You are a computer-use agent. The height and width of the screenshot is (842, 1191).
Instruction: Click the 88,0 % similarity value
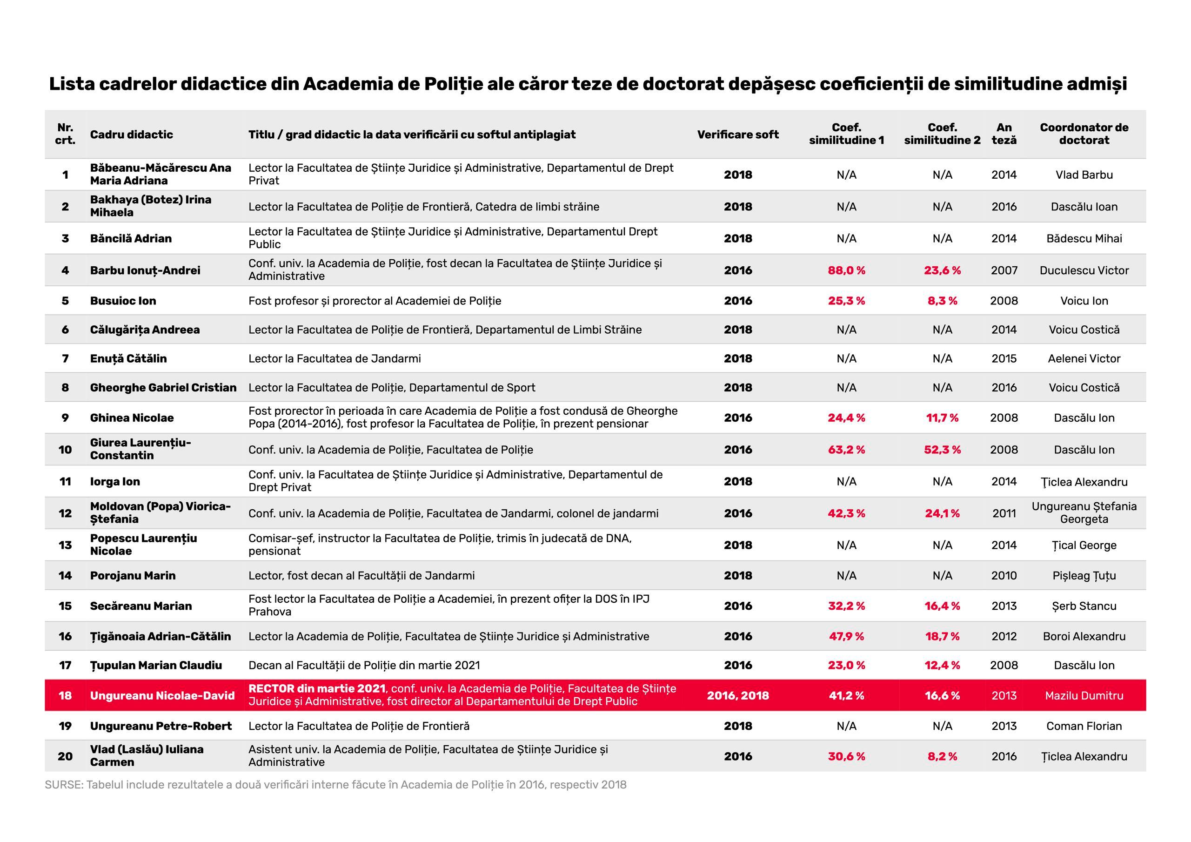pyautogui.click(x=846, y=270)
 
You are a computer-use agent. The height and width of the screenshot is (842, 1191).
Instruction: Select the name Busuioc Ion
pyautogui.click(x=123, y=301)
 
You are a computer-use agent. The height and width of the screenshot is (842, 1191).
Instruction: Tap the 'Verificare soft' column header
pyautogui.click(x=738, y=135)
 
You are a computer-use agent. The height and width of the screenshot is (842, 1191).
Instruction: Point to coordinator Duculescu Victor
pyautogui.click(x=1084, y=270)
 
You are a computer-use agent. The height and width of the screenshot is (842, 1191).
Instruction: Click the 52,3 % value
pyautogui.click(x=942, y=450)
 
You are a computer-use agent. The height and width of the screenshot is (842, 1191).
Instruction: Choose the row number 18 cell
pyautogui.click(x=65, y=695)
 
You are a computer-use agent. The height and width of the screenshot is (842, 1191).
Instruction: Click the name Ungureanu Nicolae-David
pyautogui.click(x=162, y=695)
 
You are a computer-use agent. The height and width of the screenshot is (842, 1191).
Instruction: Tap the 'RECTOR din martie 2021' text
pyautogui.click(x=316, y=689)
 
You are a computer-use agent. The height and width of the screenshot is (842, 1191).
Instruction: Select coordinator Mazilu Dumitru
pyautogui.click(x=1084, y=695)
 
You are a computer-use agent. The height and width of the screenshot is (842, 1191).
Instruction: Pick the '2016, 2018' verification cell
pyautogui.click(x=738, y=695)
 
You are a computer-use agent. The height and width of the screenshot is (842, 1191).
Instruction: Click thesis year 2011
pyautogui.click(x=1004, y=513)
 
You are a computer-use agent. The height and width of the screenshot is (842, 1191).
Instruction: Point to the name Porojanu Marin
pyautogui.click(x=133, y=576)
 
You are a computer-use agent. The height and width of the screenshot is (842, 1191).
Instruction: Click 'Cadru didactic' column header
pyautogui.click(x=131, y=135)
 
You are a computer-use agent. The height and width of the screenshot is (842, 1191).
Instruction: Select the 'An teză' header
pyautogui.click(x=1004, y=134)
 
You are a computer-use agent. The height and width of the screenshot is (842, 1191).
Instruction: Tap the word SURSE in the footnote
pyautogui.click(x=64, y=784)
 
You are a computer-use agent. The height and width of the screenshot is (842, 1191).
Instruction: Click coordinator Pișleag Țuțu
pyautogui.click(x=1084, y=576)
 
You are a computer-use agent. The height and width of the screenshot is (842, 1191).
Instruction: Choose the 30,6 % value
pyautogui.click(x=846, y=756)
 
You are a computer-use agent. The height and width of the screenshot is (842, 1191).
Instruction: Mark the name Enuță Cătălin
pyautogui.click(x=128, y=359)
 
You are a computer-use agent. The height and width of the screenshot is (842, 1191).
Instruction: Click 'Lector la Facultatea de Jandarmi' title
pyautogui.click(x=335, y=359)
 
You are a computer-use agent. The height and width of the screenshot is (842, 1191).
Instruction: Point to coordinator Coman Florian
pyautogui.click(x=1084, y=726)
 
